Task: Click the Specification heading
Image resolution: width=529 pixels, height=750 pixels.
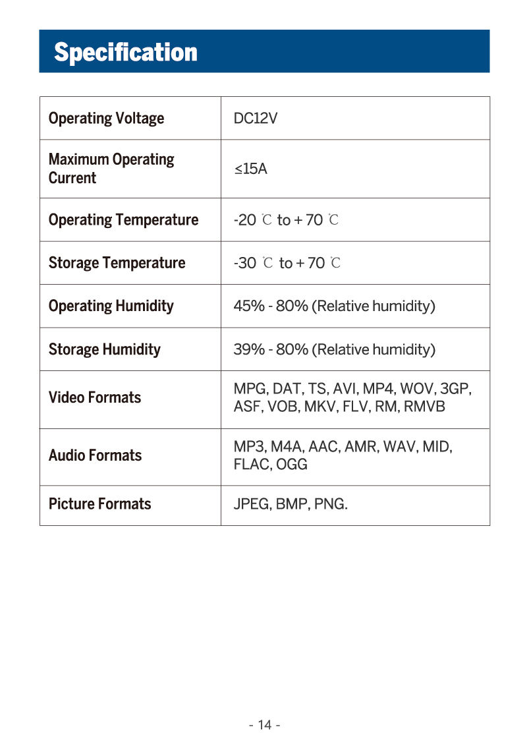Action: tap(125, 52)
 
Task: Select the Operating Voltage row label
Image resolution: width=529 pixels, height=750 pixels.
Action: tap(106, 119)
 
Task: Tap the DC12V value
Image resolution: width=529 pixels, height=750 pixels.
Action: tap(256, 119)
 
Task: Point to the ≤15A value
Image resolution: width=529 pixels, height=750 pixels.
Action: tap(250, 169)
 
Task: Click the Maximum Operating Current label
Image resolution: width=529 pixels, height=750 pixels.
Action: tap(111, 169)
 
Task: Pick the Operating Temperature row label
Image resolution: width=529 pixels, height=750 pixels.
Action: tap(123, 220)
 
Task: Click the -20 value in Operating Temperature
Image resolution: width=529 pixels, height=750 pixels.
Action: tap(244, 220)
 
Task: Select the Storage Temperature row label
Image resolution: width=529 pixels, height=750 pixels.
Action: tap(117, 263)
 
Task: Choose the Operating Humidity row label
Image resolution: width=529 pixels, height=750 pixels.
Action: tap(111, 306)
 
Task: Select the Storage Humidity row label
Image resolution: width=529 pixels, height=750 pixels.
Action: tap(104, 349)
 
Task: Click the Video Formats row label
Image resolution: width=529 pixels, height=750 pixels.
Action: tap(95, 397)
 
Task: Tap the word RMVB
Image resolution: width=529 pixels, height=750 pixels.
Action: tap(424, 407)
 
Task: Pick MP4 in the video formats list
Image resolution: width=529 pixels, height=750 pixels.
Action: tap(377, 389)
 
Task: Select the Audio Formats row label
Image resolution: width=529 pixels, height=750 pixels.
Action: tap(95, 455)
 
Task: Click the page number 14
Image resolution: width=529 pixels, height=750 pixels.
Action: tap(265, 725)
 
